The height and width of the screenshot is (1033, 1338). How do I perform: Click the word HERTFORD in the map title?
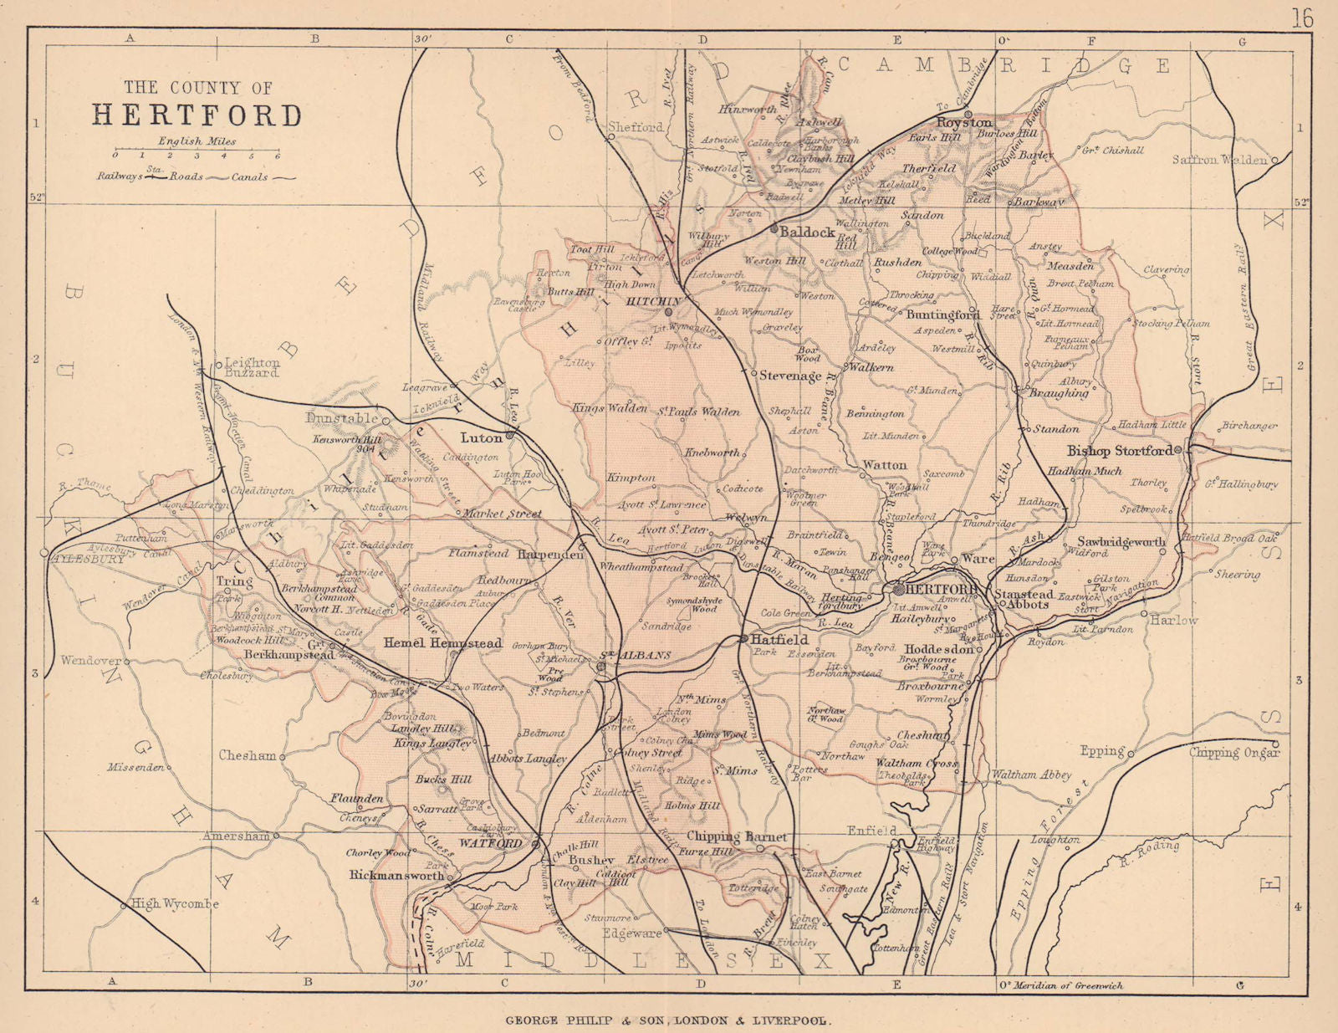coord(197,115)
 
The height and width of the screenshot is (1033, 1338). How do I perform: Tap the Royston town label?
coord(963,123)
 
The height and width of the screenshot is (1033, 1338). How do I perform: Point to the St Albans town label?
coord(636,655)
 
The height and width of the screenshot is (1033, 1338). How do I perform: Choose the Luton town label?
coord(481,437)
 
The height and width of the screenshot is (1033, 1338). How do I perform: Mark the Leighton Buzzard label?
coord(253,367)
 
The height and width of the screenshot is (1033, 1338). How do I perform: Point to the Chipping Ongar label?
coord(1233,754)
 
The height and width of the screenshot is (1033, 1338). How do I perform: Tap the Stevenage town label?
coord(789,376)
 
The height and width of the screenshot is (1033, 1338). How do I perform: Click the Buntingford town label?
coord(942,315)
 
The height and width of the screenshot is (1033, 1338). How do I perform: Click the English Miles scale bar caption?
coord(197,141)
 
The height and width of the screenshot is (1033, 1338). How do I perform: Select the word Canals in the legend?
coord(250,177)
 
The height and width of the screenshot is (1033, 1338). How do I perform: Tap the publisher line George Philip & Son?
coord(667,1020)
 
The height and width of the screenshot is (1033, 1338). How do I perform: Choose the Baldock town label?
coord(807,233)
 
